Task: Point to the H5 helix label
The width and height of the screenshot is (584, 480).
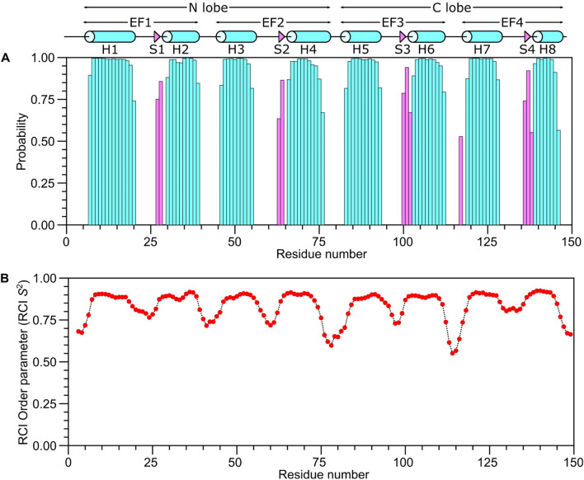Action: (360, 50)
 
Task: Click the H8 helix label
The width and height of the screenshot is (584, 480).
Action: (548, 50)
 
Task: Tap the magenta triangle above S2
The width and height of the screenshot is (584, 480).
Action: (281, 36)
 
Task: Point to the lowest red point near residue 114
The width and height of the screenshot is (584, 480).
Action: (452, 353)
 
